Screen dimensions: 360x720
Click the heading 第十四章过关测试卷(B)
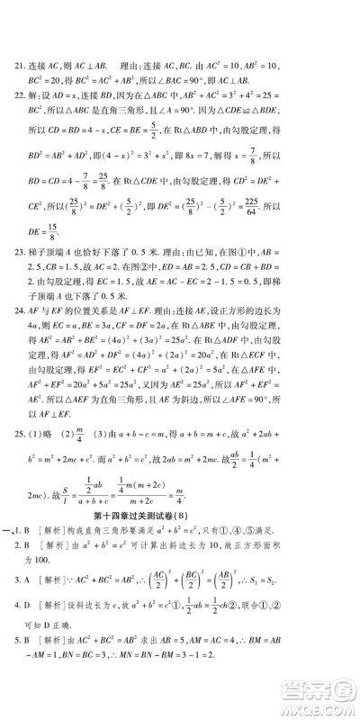[180, 516]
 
